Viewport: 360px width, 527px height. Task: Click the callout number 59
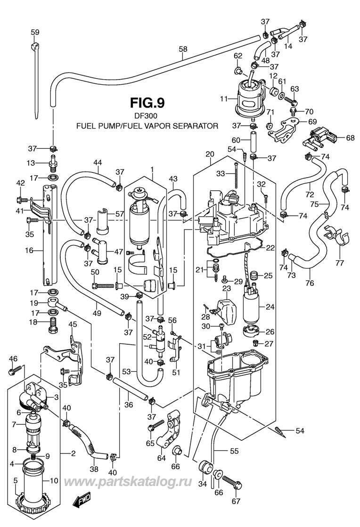pyautogui.click(x=35, y=32)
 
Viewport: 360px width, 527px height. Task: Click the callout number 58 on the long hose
pyautogui.click(x=183, y=49)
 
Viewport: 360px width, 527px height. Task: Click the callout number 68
pyautogui.click(x=350, y=138)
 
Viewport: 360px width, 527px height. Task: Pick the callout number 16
pyautogui.click(x=29, y=251)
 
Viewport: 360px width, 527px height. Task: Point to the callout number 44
pyautogui.click(x=97, y=163)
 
